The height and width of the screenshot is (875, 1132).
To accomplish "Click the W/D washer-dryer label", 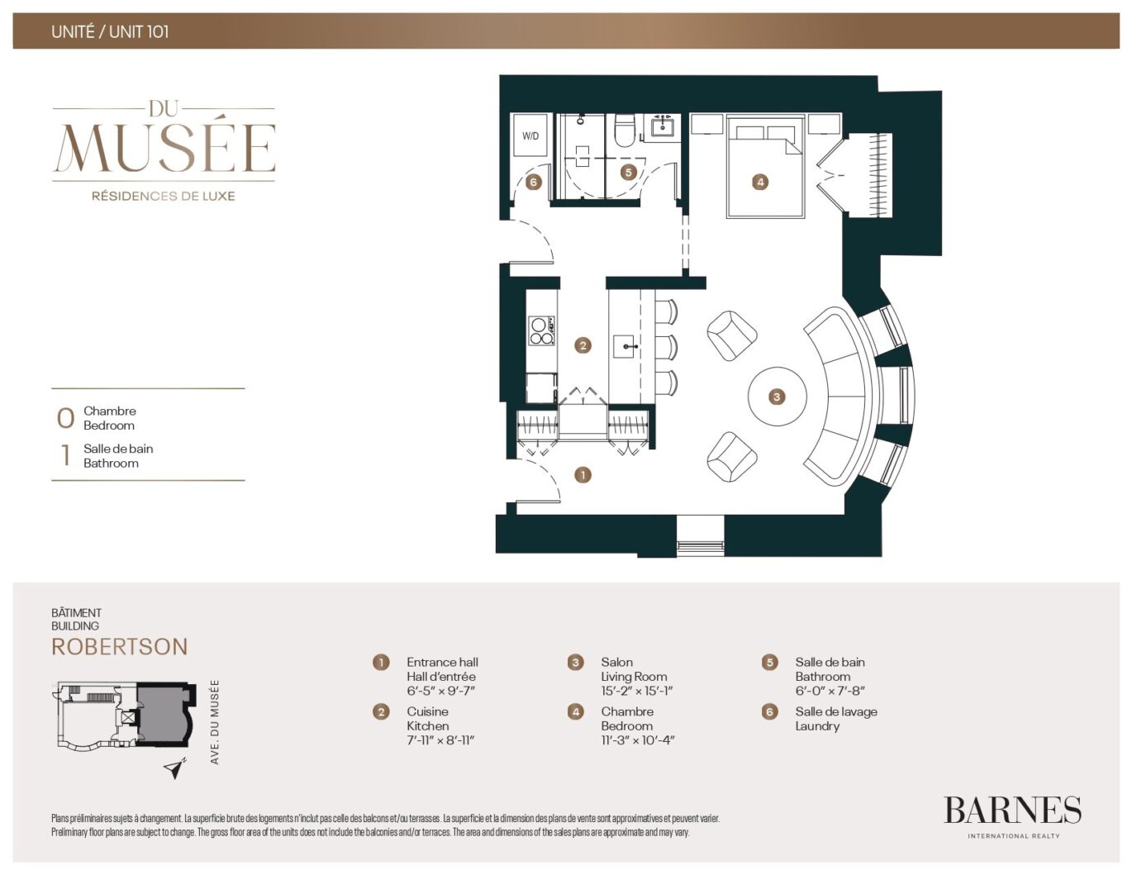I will point(530,136).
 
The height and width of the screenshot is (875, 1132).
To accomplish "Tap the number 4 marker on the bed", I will point(759,182).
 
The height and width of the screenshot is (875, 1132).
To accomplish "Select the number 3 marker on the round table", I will point(777,397).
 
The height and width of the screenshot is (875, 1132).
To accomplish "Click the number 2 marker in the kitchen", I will point(583,345).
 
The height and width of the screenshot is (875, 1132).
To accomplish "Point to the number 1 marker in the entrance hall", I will point(583,475).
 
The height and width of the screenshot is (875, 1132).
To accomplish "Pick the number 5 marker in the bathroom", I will point(629,172).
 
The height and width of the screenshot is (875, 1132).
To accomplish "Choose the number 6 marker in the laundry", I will point(534,182).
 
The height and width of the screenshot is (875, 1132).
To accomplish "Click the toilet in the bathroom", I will point(624,131).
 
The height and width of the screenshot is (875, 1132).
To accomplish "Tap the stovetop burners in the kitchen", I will point(541,331).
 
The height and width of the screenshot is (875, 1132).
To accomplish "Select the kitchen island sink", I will point(624,346).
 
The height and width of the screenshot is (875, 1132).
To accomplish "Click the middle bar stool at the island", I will point(666,347).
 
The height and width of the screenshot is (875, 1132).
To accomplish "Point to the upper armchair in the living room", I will point(732,335).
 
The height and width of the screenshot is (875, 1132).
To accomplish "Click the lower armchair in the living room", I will point(732,457).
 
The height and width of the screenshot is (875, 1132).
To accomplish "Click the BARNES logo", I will point(1012,811).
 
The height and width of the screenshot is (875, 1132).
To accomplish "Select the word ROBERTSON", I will point(120,647).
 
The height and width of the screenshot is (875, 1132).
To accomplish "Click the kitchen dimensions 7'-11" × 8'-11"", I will point(440,740).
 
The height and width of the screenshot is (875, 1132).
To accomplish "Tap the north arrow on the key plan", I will point(174,769).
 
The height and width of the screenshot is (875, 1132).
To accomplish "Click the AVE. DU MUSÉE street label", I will point(215,721).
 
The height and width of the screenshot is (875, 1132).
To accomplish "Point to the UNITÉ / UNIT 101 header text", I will point(110,32).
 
